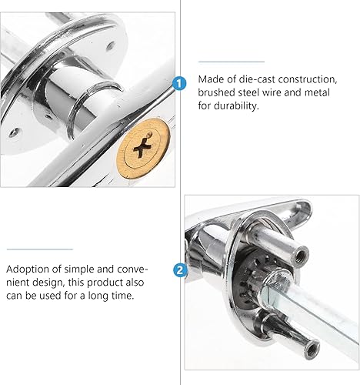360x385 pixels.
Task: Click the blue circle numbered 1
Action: pyautogui.click(x=179, y=83)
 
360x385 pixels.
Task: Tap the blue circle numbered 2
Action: pyautogui.click(x=180, y=270)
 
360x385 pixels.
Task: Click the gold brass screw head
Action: pyautogui.click(x=143, y=149)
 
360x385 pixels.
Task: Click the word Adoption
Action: pyautogui.click(x=28, y=269)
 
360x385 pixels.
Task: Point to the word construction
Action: pyautogui.click(x=308, y=79)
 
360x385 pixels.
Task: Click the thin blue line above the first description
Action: pyautogui.click(x=232, y=62)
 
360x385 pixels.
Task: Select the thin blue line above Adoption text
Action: pyautogui.click(x=40, y=249)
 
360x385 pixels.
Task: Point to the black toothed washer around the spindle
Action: pyautogui.click(x=252, y=279)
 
